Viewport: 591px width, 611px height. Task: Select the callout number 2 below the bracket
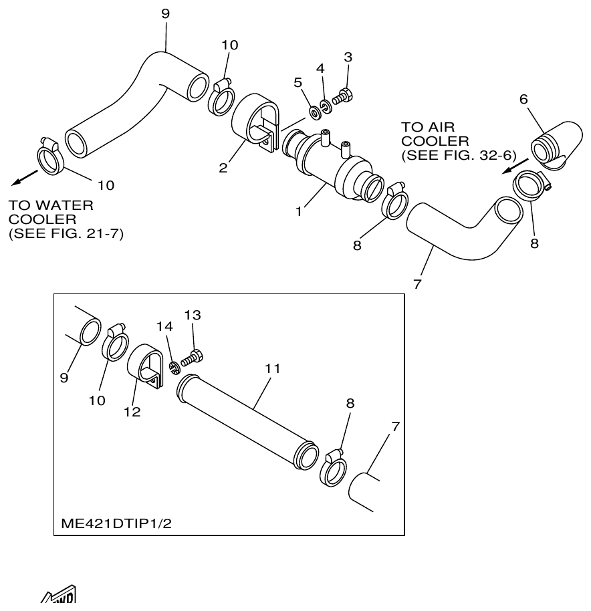click(223, 168)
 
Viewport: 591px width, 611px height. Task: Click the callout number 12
click(132, 412)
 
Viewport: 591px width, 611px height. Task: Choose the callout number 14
click(164, 327)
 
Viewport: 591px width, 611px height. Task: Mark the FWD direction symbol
click(59, 600)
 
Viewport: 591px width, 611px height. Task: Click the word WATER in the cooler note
click(66, 205)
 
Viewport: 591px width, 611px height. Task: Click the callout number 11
click(272, 368)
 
